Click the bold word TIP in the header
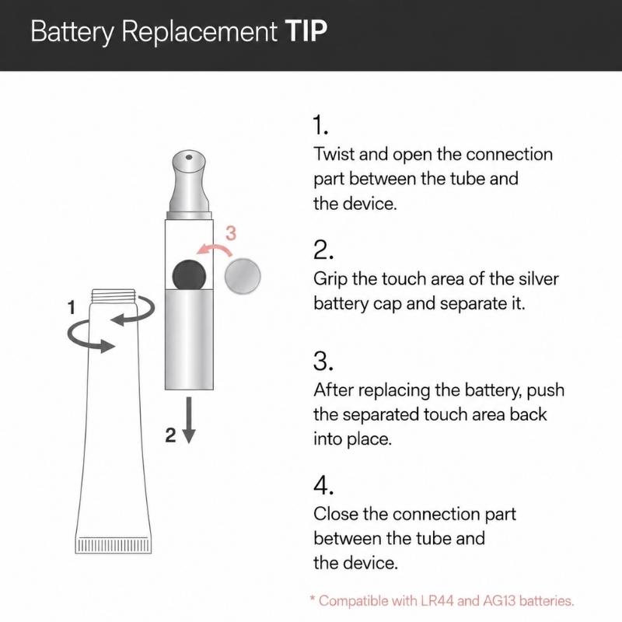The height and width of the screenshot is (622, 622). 306,30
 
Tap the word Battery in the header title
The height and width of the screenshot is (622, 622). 72,32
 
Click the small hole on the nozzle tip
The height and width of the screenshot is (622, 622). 189,158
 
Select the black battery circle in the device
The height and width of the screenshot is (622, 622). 189,275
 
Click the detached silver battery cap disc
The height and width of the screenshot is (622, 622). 243,276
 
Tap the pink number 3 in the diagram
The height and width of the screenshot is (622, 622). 231,233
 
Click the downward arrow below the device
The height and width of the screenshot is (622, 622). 189,420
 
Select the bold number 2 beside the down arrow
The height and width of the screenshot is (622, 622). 170,435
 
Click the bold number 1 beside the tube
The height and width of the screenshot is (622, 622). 72,307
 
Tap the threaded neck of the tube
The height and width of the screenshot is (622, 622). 114,296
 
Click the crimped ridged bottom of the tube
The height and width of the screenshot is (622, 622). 114,545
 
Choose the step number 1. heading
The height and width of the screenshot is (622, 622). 320,125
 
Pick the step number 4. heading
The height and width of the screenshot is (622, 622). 323,485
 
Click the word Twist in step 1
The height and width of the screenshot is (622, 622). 334,154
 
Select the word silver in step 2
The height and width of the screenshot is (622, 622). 539,278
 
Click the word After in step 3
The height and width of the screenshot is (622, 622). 335,390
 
